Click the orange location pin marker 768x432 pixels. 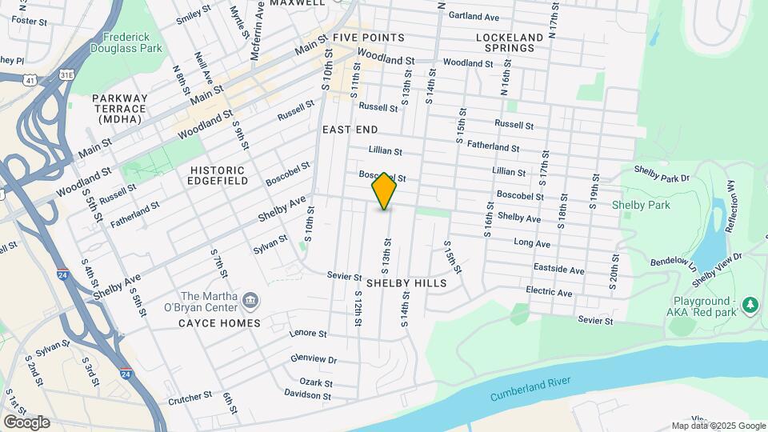point(384,191)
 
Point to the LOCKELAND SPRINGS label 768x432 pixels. point(504,42)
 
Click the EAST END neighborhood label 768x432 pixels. point(350,129)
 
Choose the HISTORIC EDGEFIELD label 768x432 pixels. point(217,176)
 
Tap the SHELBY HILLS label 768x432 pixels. point(406,283)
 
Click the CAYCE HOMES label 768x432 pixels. point(220,323)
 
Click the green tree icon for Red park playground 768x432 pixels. point(750,305)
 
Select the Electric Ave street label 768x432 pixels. point(549,292)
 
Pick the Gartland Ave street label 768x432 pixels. point(474,16)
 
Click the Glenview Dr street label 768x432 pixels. point(314,359)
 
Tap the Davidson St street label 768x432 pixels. point(307,394)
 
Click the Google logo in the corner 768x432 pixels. point(26,422)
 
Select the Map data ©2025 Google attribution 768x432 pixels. point(718,426)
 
